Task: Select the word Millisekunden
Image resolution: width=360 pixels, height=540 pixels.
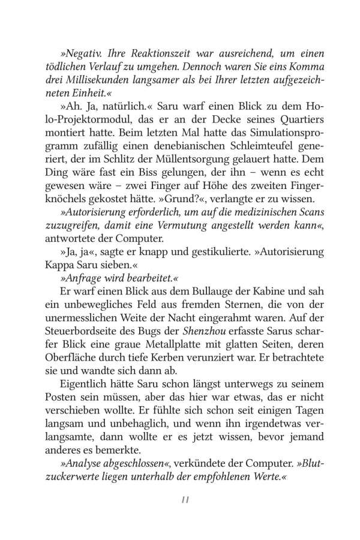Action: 112,82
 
